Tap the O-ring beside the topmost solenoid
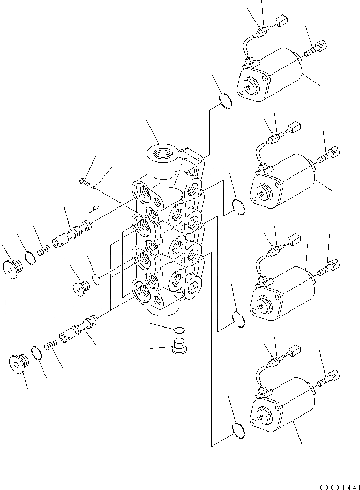click(226, 101)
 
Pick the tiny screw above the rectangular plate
click(84, 181)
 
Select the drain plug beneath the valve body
click(178, 345)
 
